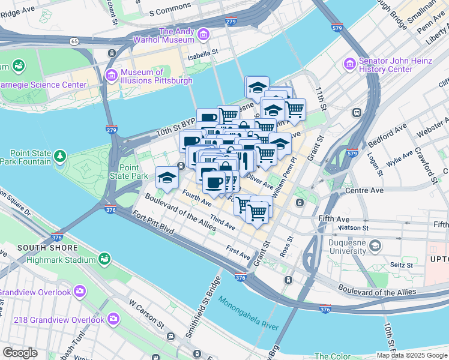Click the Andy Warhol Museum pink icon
click(203, 35)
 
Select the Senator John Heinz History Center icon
click(349, 64)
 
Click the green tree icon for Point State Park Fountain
click(59, 157)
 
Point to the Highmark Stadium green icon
click(104, 259)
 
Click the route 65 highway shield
click(74, 41)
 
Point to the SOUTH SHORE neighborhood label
click(47, 248)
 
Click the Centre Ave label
click(364, 191)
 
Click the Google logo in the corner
click(20, 353)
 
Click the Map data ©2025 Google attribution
click(412, 355)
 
